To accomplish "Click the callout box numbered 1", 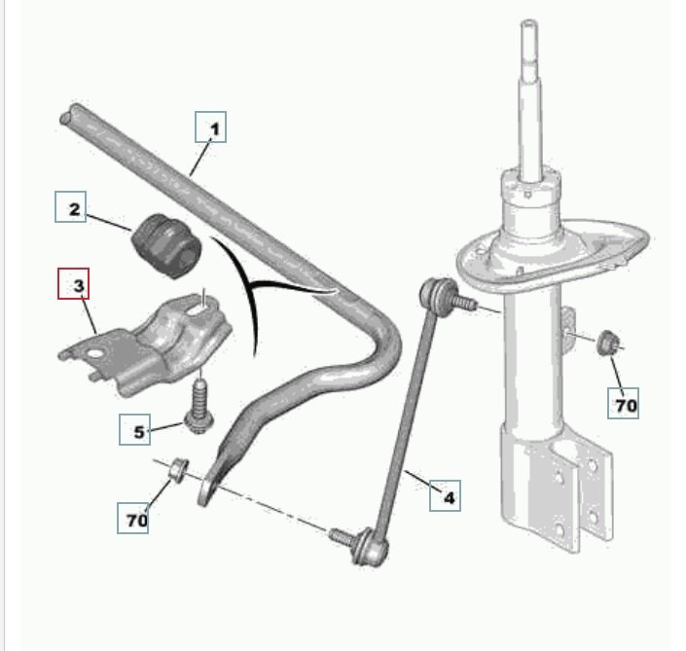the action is pos(210,127).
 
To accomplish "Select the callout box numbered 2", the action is pos(70,206).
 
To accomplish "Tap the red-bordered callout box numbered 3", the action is pos(74,283).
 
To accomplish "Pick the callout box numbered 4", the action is pos(445,495).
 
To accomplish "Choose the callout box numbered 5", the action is pos(134,430).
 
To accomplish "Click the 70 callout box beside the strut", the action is pos(623,403).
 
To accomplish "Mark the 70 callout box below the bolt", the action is pos(133,518).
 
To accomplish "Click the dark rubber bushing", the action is pos(166,245).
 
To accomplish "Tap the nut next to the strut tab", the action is pos(606,343).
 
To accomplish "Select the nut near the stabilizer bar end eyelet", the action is pos(178,469).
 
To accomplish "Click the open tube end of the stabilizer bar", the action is pos(66,117).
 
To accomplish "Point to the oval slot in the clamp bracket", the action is pos(199,308).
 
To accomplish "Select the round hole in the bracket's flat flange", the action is pos(94,353).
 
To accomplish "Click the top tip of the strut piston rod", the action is pos(529,21).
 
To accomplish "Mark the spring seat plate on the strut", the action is pos(553,256).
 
